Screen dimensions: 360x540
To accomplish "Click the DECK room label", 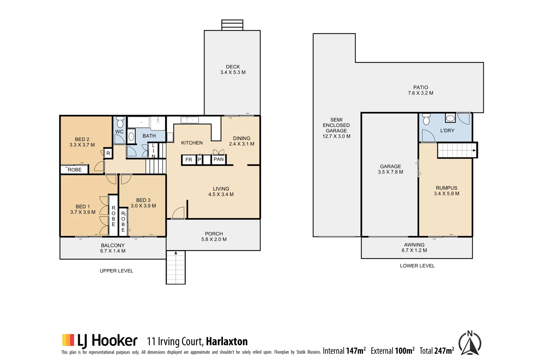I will [233, 67].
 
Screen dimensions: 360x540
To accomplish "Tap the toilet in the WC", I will [120, 122].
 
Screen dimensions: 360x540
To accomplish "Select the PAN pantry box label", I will [219, 159].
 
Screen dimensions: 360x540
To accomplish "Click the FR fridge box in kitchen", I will [189, 160].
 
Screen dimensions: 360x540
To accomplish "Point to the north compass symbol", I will [470, 343].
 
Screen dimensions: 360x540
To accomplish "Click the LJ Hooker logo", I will [100, 341].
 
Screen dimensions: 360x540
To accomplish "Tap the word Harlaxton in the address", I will [227, 342].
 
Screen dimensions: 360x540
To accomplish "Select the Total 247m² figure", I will [437, 351].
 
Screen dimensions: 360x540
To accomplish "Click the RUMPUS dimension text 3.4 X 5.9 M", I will [446, 194].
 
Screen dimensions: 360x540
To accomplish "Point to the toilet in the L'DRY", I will [426, 119].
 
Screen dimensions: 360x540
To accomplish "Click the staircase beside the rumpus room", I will [457, 150].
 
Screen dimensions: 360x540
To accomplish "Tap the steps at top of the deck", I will [232, 25].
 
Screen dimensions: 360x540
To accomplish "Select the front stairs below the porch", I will [176, 267].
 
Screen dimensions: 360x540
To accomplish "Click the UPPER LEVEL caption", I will [116, 271].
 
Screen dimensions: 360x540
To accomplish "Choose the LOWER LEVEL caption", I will [417, 266].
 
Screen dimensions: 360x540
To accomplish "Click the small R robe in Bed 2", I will [108, 153].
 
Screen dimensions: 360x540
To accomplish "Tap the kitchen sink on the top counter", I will [189, 120].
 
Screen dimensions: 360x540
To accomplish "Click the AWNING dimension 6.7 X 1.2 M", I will [414, 250].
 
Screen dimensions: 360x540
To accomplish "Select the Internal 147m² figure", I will [344, 351].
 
